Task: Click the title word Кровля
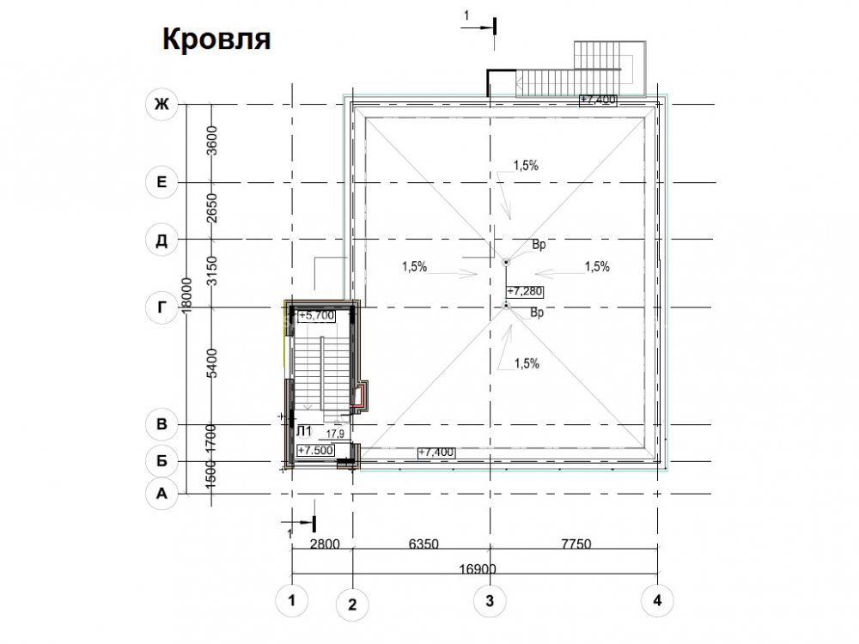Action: pos(216,39)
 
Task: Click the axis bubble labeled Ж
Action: pos(161,104)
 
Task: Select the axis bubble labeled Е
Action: pos(161,182)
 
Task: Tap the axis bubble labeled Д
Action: pos(161,240)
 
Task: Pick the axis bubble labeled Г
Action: pos(161,307)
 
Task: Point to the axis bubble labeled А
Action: pos(161,494)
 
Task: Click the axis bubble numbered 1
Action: pos(291,601)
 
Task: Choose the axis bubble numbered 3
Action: pos(490,601)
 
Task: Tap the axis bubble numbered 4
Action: pos(657,601)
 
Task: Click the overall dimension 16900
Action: pos(477,569)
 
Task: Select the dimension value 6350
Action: pos(423,544)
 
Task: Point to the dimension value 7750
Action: pos(576,544)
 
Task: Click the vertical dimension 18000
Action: pos(186,295)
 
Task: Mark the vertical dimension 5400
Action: pos(212,362)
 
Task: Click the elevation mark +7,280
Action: pos(525,291)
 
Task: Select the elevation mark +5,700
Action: pos(316,315)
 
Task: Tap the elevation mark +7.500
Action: pos(315,450)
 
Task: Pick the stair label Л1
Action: pos(303,432)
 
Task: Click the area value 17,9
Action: pos(335,434)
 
